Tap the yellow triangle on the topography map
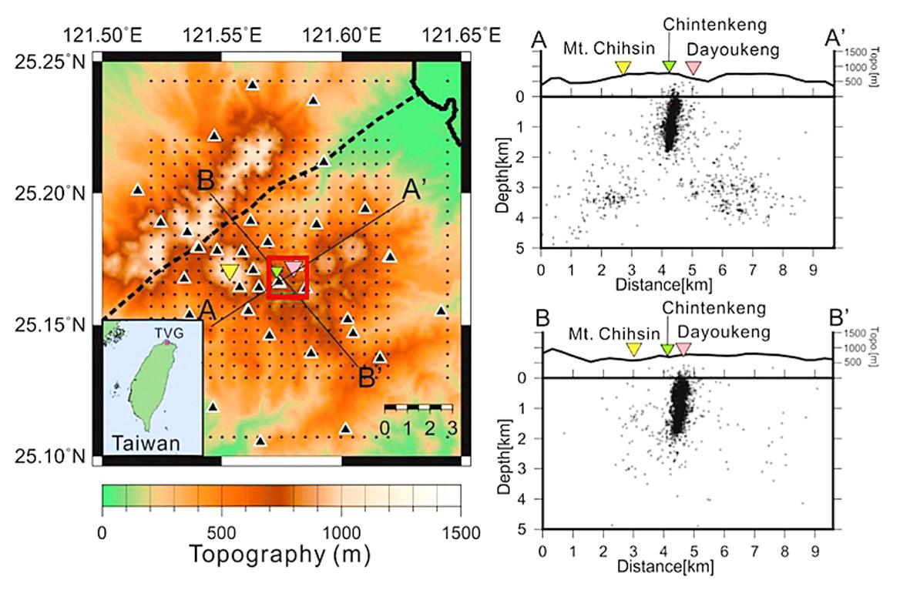pyautogui.click(x=229, y=271)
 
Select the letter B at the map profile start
pyautogui.click(x=205, y=181)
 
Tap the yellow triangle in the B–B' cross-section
pyautogui.click(x=633, y=349)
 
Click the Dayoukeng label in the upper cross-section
pyautogui.click(x=732, y=49)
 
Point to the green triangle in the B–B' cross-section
pyautogui.click(x=667, y=349)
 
